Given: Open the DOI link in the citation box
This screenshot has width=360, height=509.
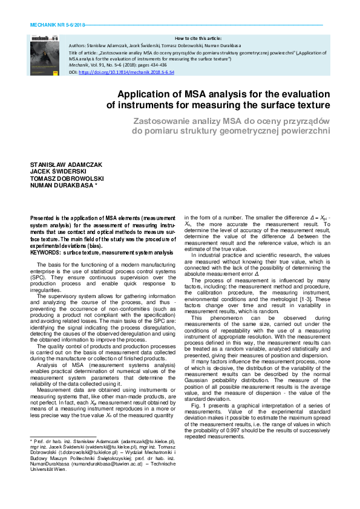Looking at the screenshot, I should pyautogui.click(x=126, y=72).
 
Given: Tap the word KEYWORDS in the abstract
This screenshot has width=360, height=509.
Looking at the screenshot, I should pyautogui.click(x=45, y=251).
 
